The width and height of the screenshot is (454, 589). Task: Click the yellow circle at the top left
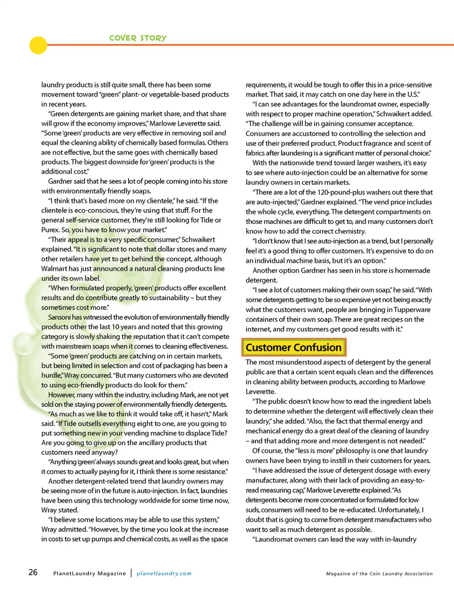38,45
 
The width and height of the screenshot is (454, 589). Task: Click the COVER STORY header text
138,38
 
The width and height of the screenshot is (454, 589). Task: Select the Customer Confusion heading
294,348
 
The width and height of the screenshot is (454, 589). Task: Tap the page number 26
33,572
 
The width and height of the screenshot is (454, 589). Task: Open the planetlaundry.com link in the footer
164,573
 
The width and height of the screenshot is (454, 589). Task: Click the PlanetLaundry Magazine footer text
89,573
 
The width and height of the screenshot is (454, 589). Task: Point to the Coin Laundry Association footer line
379,574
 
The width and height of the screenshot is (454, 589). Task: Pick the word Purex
50,230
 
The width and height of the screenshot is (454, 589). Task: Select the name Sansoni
59,317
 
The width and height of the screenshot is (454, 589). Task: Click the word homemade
410,271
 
